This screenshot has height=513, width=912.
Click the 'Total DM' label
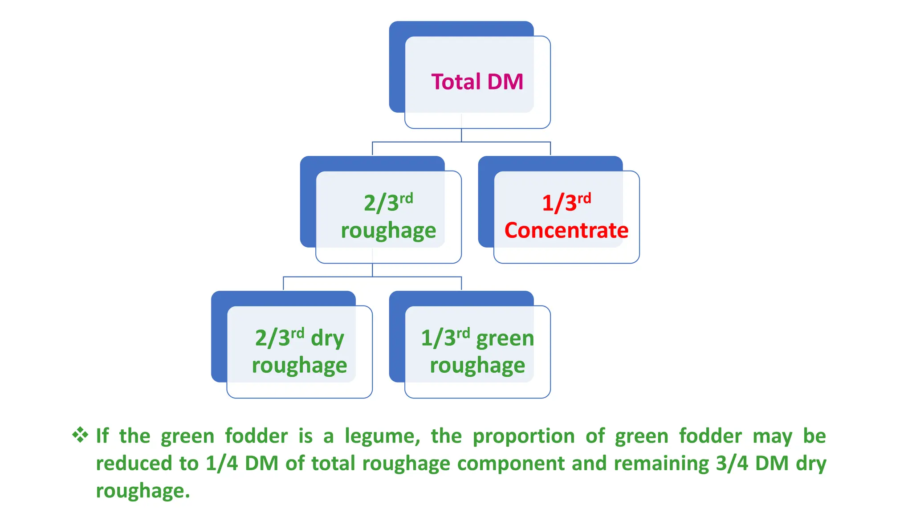tap(477, 82)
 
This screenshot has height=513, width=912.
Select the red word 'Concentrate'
tap(566, 231)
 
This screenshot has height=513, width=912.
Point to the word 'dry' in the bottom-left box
tap(327, 338)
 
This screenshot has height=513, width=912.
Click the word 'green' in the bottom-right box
tap(505, 338)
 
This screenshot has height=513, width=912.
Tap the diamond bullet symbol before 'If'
tap(80, 435)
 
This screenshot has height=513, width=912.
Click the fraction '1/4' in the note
tap(221, 464)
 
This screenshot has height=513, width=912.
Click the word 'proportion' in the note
tap(523, 436)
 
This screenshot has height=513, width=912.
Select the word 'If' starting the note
tap(102, 436)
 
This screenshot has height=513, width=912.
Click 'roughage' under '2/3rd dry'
tap(299, 366)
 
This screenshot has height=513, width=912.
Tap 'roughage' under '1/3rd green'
tap(477, 366)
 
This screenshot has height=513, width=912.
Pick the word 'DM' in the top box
tap(505, 82)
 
